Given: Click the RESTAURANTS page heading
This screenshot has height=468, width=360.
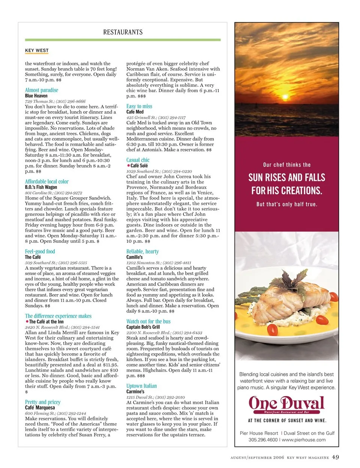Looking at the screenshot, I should point(123,32).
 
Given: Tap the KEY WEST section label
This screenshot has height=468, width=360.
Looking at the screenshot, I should point(37,50).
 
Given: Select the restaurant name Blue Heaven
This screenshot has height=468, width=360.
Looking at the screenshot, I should point(36,96).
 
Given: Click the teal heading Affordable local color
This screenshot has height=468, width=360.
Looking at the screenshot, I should point(47,181).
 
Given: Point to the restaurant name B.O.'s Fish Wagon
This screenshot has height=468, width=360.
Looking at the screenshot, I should point(41,187).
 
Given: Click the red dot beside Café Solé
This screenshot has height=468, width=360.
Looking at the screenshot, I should point(128,165).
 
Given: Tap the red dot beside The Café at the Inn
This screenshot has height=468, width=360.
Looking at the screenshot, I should point(27,321).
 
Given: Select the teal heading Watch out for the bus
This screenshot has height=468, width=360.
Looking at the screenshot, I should point(148,321).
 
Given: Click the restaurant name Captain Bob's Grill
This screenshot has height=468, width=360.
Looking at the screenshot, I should point(143,327).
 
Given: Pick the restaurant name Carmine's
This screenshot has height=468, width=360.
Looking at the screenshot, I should point(135,391).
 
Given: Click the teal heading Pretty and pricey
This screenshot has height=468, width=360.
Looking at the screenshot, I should point(43,402).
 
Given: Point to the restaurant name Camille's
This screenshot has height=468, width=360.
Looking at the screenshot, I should point(135,257).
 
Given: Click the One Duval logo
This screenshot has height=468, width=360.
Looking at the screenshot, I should point(286,405).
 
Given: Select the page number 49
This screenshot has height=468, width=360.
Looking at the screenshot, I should point(335,457).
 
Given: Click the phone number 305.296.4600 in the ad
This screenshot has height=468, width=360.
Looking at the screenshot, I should point(263,440).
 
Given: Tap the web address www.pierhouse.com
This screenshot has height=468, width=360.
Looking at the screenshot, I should point(304,440).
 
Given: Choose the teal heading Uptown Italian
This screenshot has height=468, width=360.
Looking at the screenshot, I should point(142,386).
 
